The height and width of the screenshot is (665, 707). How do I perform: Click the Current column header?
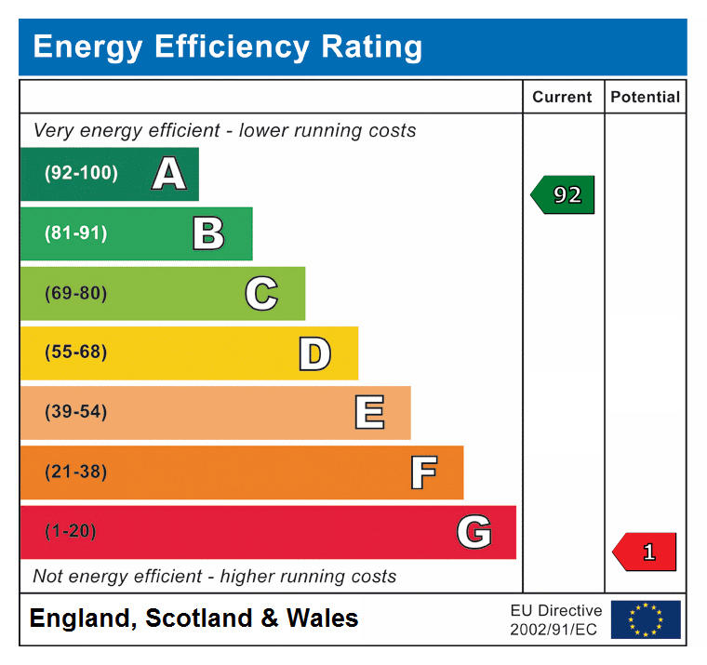(562, 97)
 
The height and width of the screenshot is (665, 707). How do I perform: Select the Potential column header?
(645, 97)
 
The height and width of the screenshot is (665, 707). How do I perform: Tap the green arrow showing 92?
(563, 195)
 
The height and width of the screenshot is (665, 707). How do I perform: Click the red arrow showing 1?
(645, 552)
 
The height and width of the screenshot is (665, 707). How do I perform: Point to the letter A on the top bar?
(168, 174)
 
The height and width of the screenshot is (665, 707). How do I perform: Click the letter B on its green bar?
(208, 233)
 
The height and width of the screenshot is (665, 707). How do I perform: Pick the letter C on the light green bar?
(261, 293)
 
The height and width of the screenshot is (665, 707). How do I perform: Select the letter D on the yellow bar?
(314, 353)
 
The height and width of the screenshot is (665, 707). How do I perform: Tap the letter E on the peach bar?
(369, 412)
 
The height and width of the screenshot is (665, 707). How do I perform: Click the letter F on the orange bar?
(423, 472)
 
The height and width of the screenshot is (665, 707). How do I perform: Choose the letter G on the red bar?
(474, 532)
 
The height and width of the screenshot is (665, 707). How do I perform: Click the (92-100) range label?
(81, 174)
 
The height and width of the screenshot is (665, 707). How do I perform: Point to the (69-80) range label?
(75, 293)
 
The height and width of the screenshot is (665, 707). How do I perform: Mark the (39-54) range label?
(75, 412)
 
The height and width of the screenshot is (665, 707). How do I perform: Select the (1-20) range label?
(71, 532)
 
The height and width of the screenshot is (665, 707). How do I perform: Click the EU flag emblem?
(646, 619)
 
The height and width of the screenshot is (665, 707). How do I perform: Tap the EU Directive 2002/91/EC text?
(555, 619)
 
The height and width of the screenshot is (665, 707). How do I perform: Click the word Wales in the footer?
(322, 618)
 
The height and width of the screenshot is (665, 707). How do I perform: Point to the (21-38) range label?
(75, 472)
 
